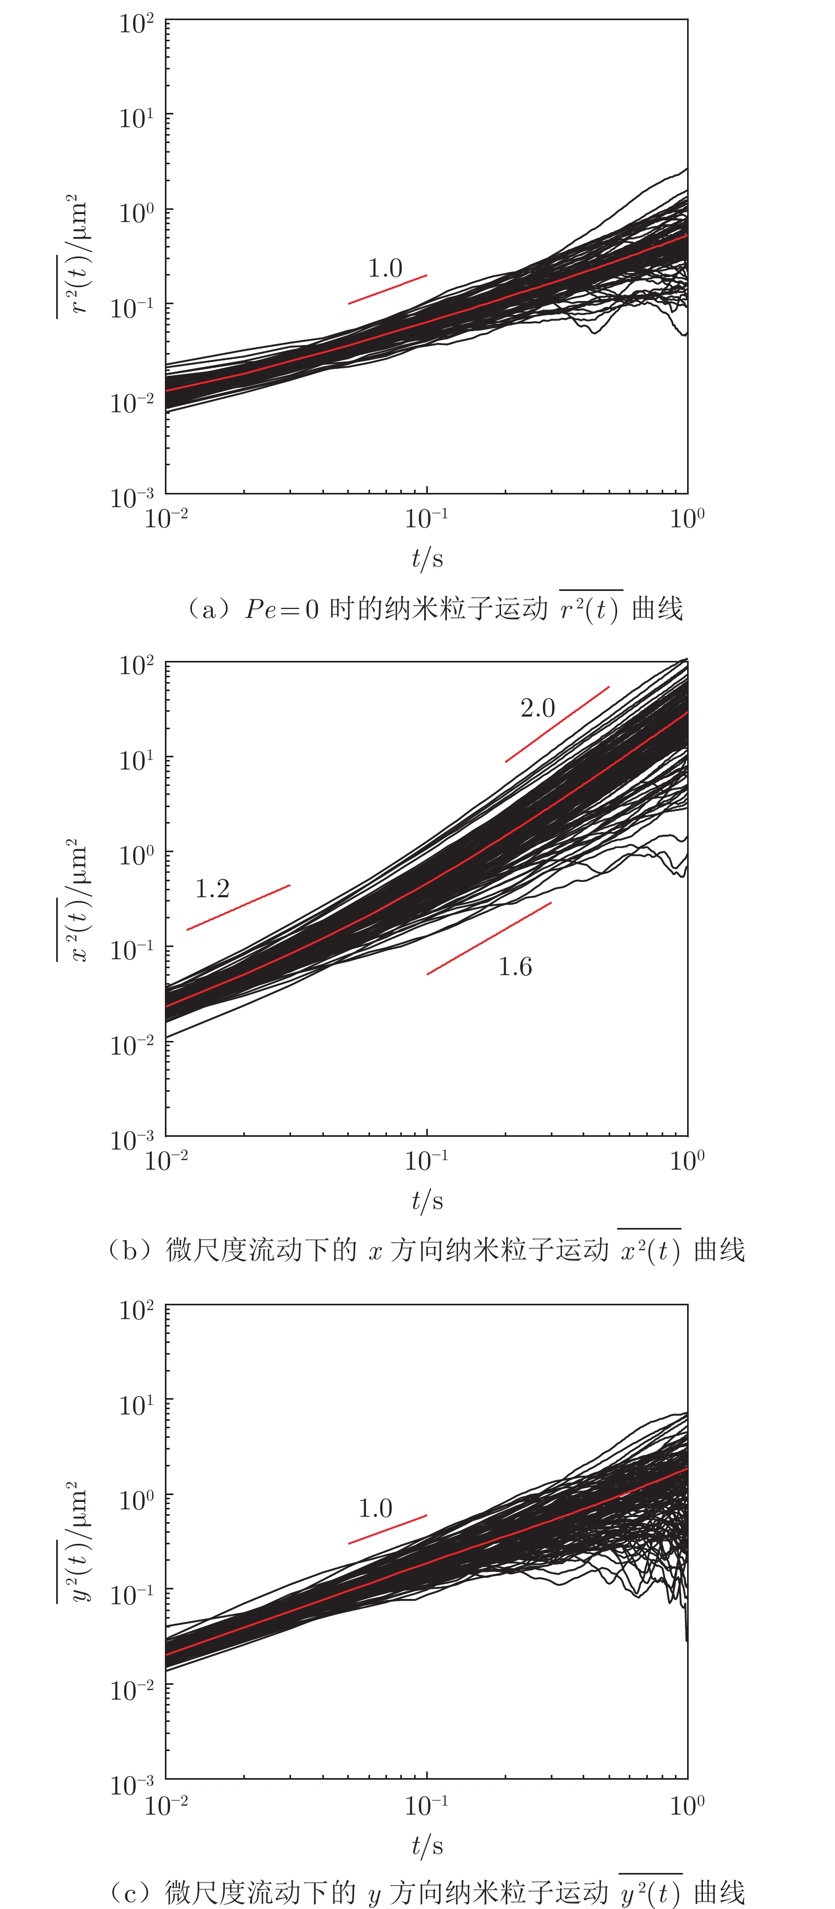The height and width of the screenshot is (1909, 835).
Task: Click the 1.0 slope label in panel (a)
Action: click(x=385, y=268)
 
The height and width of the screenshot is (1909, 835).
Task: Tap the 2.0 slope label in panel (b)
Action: click(x=538, y=709)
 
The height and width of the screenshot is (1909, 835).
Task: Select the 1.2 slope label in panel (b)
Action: click(x=212, y=889)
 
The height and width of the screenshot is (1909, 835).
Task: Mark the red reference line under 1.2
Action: click(x=238, y=907)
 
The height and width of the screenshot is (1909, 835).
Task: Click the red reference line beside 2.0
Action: click(x=557, y=724)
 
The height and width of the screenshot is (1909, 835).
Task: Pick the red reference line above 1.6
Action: click(x=489, y=938)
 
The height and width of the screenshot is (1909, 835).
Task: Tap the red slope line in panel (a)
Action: click(x=387, y=289)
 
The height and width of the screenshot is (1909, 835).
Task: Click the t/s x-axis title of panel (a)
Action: click(x=427, y=558)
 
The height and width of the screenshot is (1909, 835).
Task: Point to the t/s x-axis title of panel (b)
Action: click(x=427, y=1200)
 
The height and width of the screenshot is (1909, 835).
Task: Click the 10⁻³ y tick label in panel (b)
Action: click(x=132, y=1139)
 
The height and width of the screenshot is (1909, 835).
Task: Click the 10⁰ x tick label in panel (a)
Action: click(x=687, y=519)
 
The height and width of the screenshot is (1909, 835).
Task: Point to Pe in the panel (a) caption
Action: click(x=261, y=609)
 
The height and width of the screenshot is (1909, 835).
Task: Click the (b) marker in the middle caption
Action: click(x=130, y=1250)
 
